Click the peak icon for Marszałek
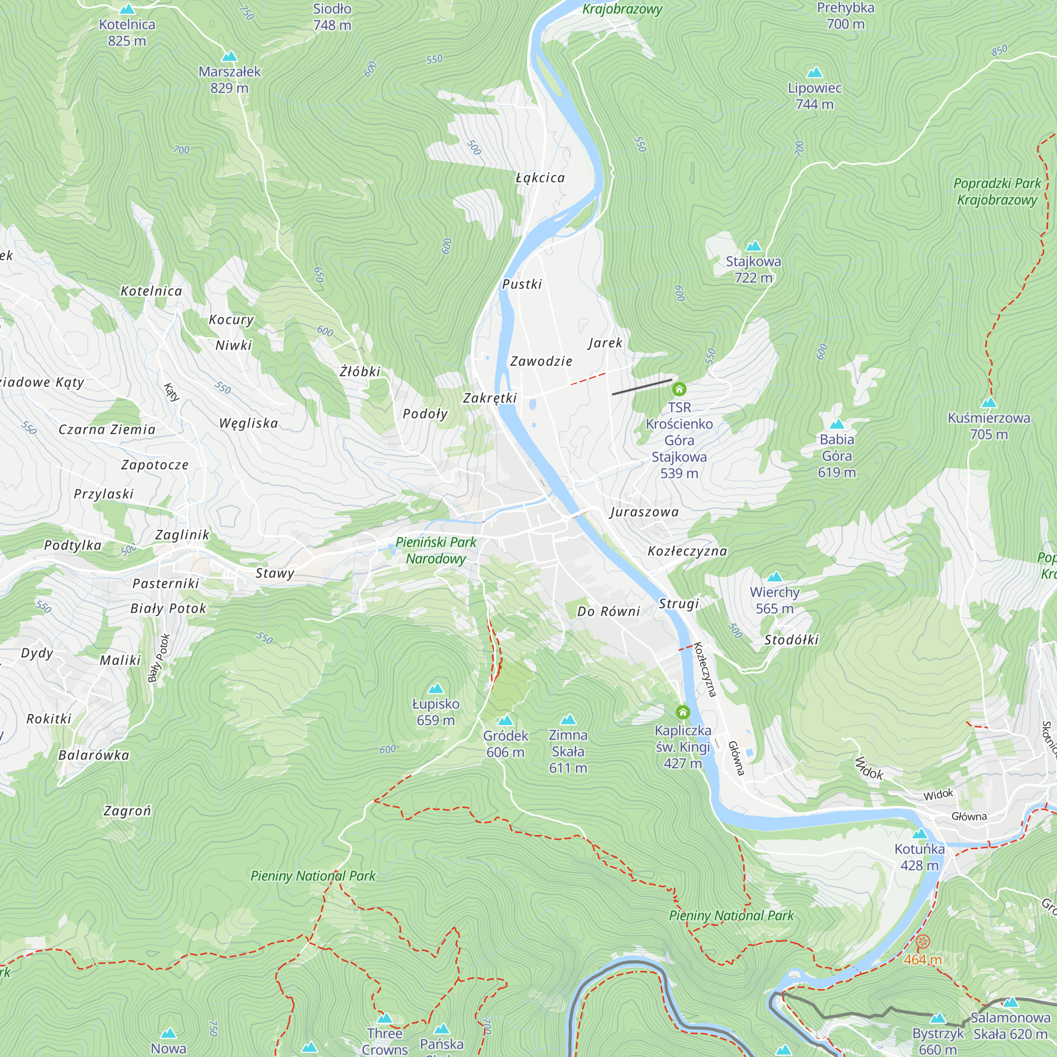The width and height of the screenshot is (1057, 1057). coord(229,57)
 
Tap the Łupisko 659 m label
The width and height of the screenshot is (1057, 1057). coord(435,712)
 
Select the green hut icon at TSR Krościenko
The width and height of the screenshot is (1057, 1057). coord(679,390)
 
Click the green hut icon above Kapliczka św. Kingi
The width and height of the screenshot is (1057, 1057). coord(683,712)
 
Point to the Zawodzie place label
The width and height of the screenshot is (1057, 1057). coord(541,361)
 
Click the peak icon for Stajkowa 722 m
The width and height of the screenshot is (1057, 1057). coord(753,246)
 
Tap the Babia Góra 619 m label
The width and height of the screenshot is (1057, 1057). coord(837,456)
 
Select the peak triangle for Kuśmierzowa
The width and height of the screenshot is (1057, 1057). coord(989,403)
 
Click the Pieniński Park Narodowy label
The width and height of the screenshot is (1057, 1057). coord(435,550)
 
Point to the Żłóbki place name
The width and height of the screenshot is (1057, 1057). coord(359,372)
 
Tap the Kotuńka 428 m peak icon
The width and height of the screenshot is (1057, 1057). coord(920,835)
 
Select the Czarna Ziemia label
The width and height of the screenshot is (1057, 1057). coord(107,430)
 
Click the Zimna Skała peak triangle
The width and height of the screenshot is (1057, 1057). coord(569,719)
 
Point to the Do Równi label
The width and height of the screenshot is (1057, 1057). coord(608,611)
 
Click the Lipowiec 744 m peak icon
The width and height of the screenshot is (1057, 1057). coord(814,73)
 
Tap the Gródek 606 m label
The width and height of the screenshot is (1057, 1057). coord(506,744)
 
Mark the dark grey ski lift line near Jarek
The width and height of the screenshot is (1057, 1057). coord(642,387)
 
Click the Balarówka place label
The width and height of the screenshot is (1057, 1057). coord(94,756)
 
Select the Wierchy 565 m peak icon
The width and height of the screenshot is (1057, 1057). coord(775,577)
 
